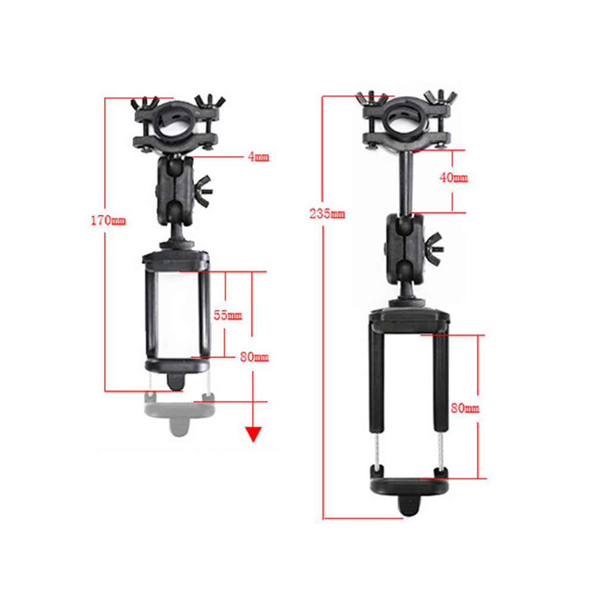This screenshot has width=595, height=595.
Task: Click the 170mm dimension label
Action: point(108,220)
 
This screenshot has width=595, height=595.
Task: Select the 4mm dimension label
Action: point(258,156)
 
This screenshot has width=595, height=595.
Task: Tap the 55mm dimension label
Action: point(228,315)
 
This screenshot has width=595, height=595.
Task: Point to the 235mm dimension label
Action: point(327,214)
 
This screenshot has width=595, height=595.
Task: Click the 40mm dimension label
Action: point(454,177)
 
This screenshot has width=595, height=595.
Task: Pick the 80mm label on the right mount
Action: point(465,408)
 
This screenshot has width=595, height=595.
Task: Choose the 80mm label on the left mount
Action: point(254,357)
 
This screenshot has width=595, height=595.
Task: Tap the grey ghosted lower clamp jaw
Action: point(179,412)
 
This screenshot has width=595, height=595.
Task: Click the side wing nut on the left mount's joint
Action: point(203,191)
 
